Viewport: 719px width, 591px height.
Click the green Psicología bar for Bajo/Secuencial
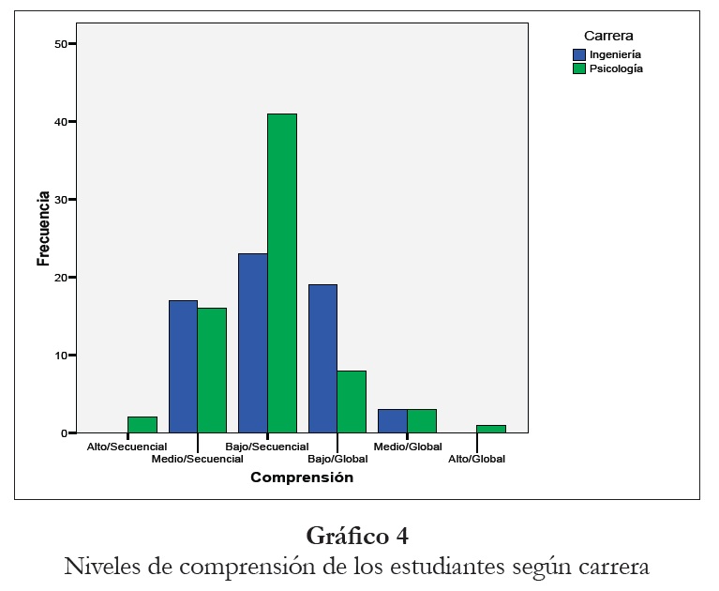(x=282, y=273)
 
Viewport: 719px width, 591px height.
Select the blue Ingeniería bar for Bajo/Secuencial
(x=253, y=343)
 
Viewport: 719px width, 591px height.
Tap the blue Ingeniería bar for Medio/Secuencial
(x=183, y=367)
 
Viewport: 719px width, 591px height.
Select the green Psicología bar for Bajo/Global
(x=352, y=402)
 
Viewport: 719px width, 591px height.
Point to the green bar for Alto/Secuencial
(x=142, y=425)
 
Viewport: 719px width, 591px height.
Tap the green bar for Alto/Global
(x=491, y=429)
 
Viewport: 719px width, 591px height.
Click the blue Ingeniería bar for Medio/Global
(x=393, y=421)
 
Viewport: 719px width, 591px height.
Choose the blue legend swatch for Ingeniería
(x=580, y=55)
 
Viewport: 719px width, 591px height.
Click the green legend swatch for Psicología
(x=580, y=68)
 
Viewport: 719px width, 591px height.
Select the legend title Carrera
(x=608, y=37)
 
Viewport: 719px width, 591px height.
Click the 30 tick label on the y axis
(x=61, y=200)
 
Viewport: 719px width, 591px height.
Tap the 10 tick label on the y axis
(x=61, y=356)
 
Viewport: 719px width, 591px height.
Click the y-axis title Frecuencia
(x=43, y=230)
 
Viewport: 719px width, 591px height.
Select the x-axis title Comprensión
(x=302, y=477)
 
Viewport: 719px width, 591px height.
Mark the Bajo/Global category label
(x=337, y=459)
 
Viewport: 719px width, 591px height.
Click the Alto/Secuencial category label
(x=127, y=447)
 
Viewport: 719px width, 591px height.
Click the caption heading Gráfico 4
(x=357, y=537)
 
